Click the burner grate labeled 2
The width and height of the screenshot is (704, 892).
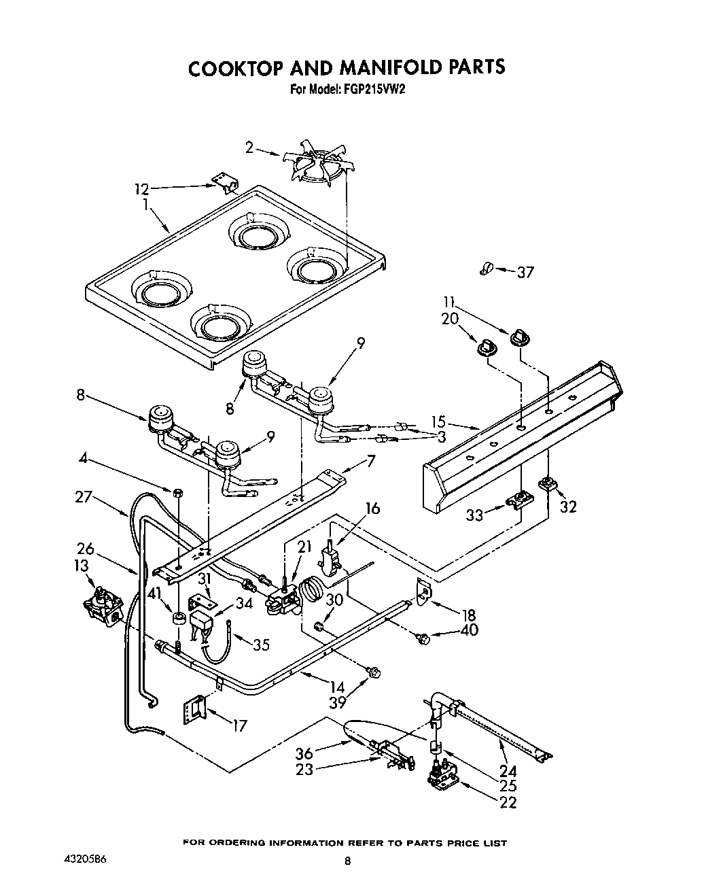click(x=319, y=164)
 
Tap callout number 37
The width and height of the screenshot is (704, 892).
click(x=525, y=273)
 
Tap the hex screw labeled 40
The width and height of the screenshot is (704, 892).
click(x=423, y=638)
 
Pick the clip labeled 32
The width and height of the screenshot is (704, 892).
click(x=548, y=485)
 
